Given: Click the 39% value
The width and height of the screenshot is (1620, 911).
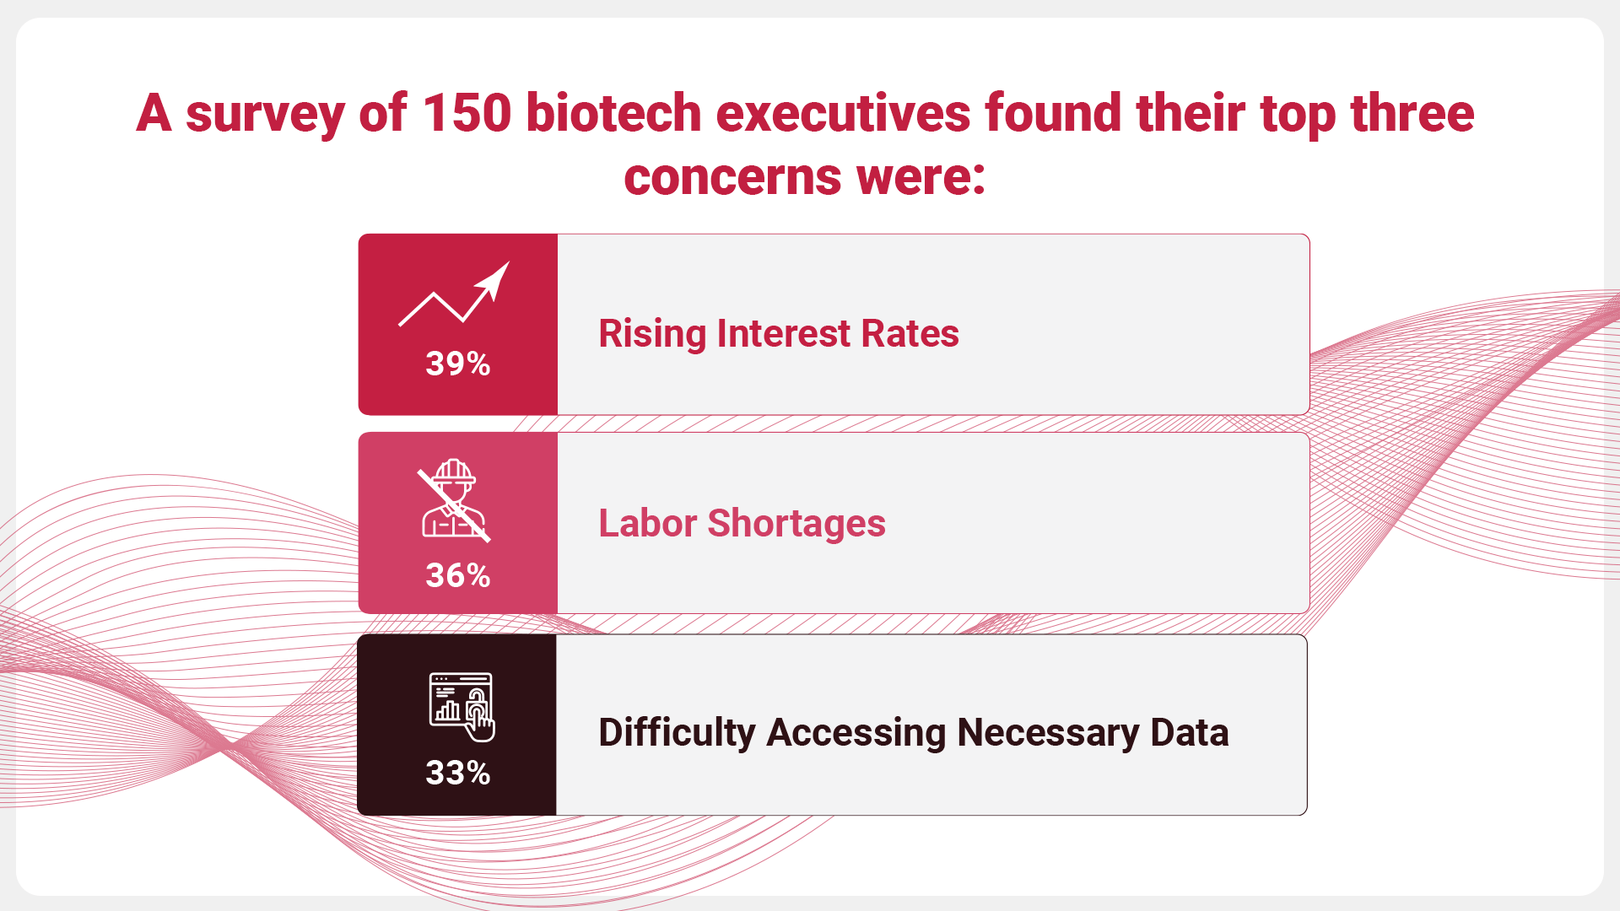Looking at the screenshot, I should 457,364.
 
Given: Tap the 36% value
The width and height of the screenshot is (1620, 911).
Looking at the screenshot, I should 457,575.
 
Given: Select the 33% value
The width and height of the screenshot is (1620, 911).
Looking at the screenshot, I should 457,773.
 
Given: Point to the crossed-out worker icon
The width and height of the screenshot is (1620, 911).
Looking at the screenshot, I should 454,499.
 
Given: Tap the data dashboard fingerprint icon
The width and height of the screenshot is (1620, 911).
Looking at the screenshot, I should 462,707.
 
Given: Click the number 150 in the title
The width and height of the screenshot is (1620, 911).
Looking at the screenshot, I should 467,113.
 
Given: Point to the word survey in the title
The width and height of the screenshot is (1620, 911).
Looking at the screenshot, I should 264,115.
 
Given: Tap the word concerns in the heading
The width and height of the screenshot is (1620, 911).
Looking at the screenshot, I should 732,177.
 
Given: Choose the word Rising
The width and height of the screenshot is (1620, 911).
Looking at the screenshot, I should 652,334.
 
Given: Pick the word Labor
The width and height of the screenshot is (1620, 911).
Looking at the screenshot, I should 647,523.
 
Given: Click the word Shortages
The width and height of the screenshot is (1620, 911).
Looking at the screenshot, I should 796,524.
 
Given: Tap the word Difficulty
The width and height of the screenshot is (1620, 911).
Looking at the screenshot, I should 677,732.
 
